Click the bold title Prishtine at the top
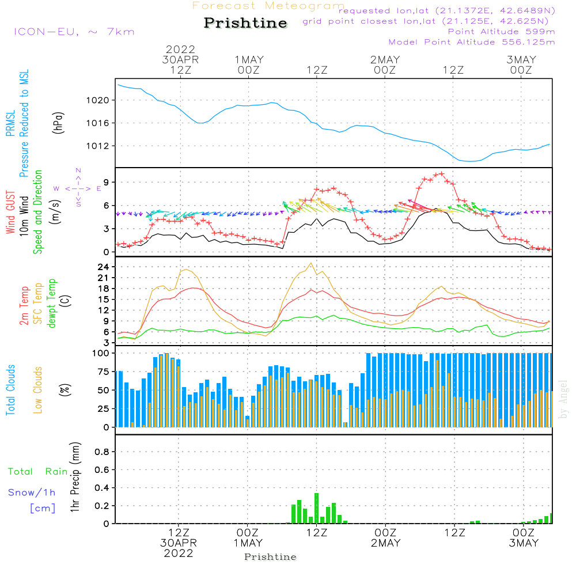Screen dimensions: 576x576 point(245,23)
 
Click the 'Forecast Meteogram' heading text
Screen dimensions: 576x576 point(268,6)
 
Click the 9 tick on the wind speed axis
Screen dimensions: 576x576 point(107,183)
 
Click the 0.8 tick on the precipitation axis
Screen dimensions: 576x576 point(102,452)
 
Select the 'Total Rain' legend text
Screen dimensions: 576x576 point(38,472)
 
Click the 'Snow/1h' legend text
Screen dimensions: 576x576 point(32,492)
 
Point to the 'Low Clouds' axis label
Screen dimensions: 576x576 point(39,389)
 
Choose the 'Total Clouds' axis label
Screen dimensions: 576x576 point(11,389)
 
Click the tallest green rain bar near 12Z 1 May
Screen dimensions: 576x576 point(317,507)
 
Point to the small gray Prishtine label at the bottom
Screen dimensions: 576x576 point(270,557)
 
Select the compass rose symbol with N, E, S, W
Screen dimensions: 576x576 point(78,188)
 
